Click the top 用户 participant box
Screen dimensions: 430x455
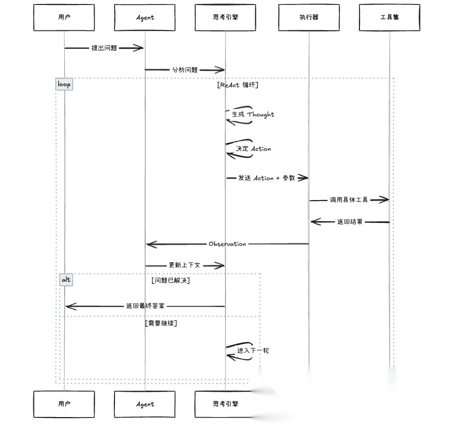64,17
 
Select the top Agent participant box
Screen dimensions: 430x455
145,17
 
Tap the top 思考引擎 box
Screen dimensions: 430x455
225,17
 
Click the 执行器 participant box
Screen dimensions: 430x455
309,17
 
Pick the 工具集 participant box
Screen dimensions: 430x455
389,17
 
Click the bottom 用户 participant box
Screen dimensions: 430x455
64,404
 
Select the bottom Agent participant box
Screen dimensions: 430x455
145,404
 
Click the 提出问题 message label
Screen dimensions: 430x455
105,48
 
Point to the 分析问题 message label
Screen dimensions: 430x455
185,70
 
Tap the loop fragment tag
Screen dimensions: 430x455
64,84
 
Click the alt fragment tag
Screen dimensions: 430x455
66,280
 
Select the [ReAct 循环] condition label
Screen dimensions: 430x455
237,85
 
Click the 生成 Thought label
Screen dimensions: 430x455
253,114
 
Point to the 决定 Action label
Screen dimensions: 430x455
253,149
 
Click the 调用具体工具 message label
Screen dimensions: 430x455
348,200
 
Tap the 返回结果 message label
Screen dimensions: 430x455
350,222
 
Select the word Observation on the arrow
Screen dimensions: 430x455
227,244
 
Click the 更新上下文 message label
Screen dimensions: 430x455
184,265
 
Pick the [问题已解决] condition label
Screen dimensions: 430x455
171,281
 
